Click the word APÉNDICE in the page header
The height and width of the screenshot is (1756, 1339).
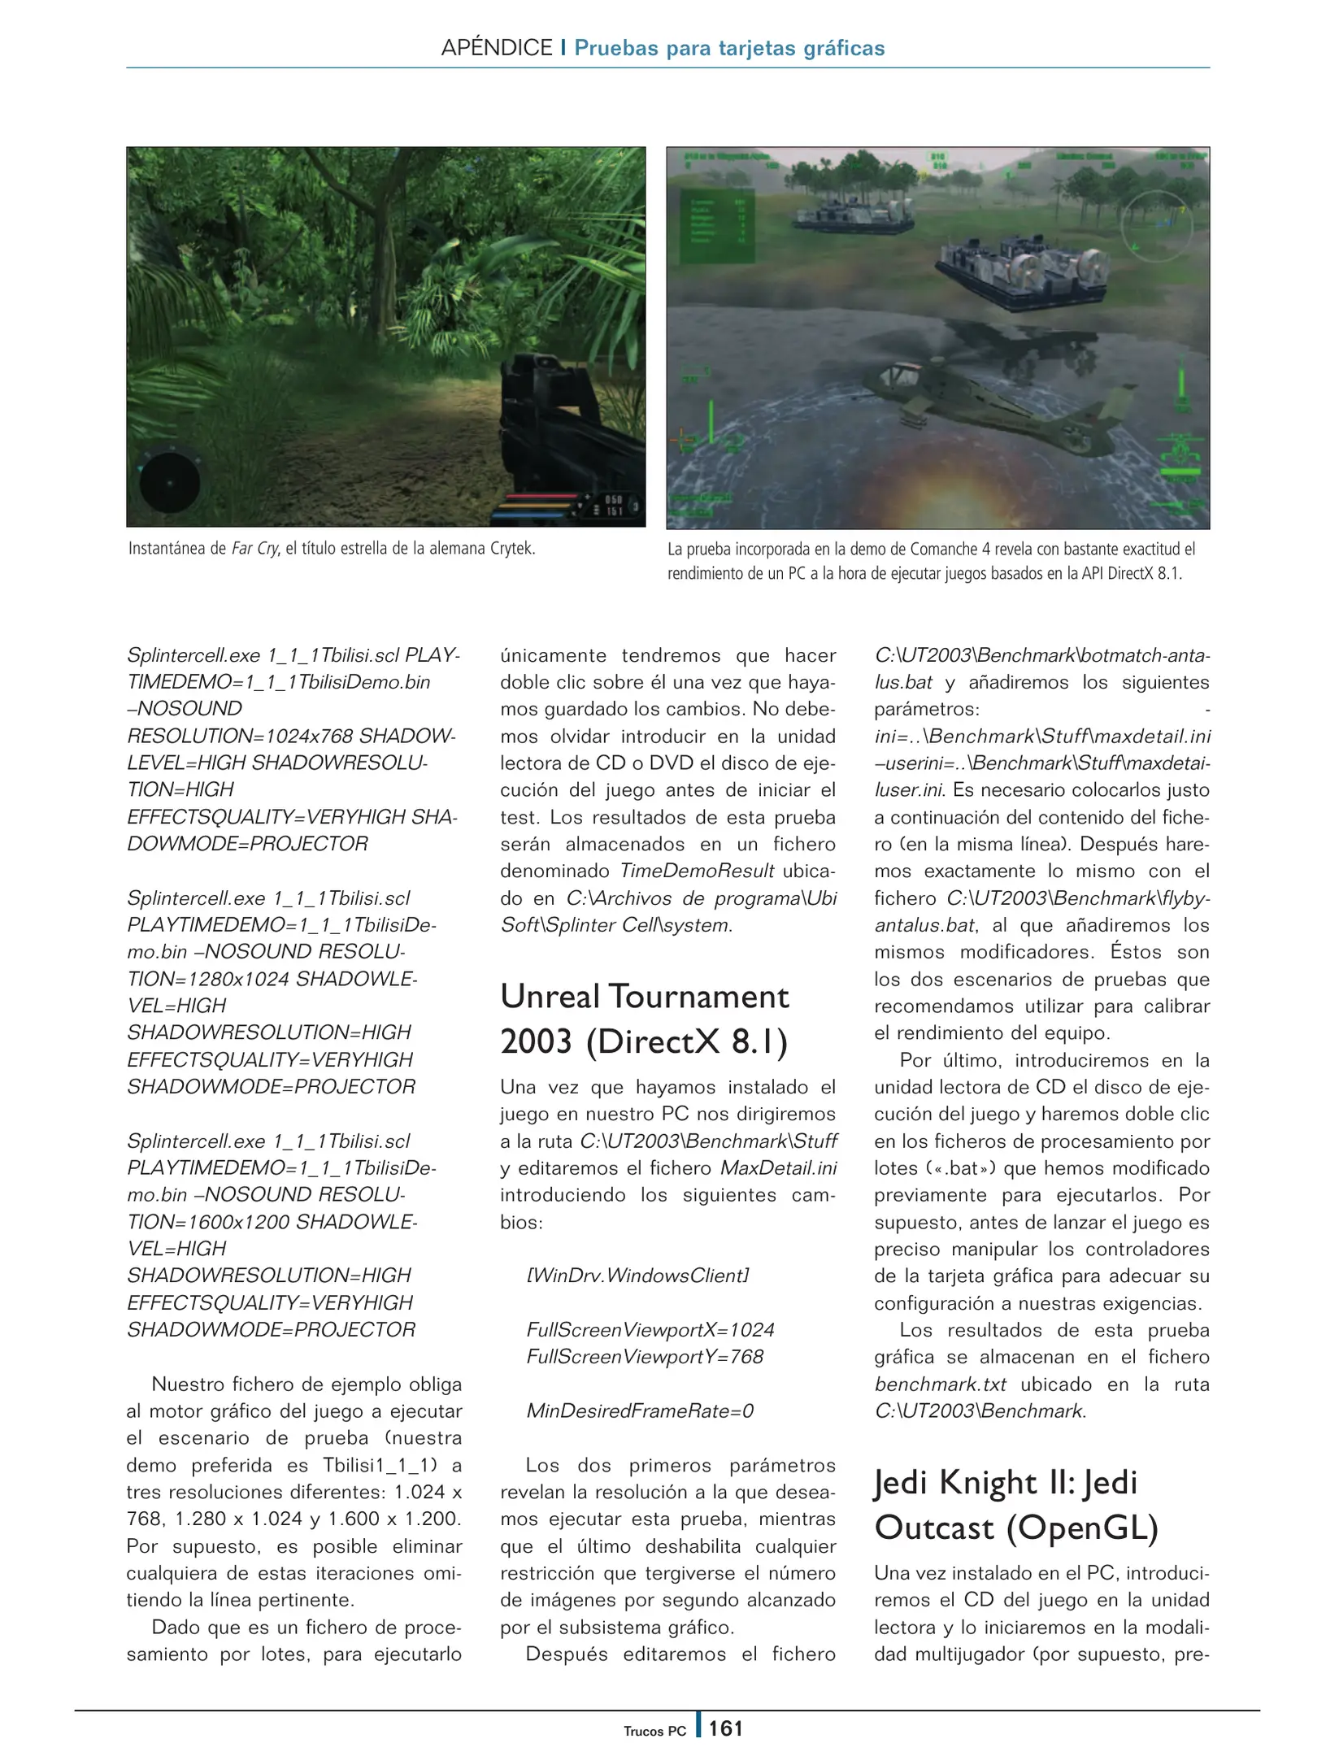496,48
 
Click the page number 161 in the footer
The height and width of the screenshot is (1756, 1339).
725,1728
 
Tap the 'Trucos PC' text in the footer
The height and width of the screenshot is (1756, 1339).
654,1731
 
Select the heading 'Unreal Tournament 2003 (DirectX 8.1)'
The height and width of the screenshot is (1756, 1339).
645,1019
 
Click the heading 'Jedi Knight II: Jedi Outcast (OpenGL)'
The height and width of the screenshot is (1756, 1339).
1015,1505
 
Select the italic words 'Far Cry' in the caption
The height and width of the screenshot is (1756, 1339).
254,549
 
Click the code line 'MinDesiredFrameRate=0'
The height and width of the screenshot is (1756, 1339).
640,1410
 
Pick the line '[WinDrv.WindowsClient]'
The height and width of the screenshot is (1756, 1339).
637,1276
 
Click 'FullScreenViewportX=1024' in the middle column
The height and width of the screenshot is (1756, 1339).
650,1330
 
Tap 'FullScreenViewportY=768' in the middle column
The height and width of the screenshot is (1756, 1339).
645,1357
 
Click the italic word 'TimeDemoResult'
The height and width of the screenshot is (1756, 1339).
697,871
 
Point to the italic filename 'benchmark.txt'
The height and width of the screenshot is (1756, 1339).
941,1384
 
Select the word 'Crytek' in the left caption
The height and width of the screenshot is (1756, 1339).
511,549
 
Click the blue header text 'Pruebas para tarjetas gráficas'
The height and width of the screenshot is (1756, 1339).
729,48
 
